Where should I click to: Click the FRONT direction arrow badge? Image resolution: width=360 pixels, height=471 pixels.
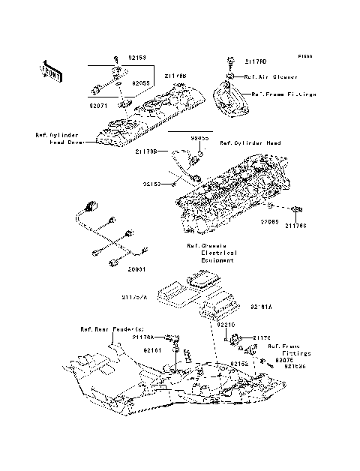pos(50,70)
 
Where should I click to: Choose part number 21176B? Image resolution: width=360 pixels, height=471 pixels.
pos(146,151)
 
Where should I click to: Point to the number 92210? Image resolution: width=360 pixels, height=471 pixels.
pos(226,325)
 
